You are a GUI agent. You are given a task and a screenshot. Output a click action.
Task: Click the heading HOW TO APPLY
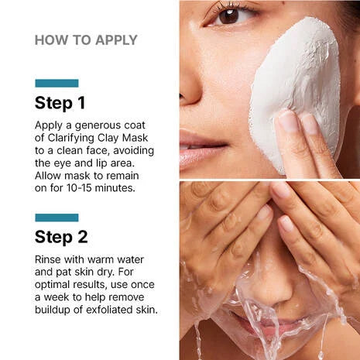tap(86, 40)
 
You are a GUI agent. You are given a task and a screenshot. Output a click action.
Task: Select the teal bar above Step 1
tap(57, 83)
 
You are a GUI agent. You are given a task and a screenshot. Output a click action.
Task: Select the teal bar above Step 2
tap(57, 218)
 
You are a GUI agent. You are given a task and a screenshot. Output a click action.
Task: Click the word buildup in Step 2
tap(57, 311)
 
